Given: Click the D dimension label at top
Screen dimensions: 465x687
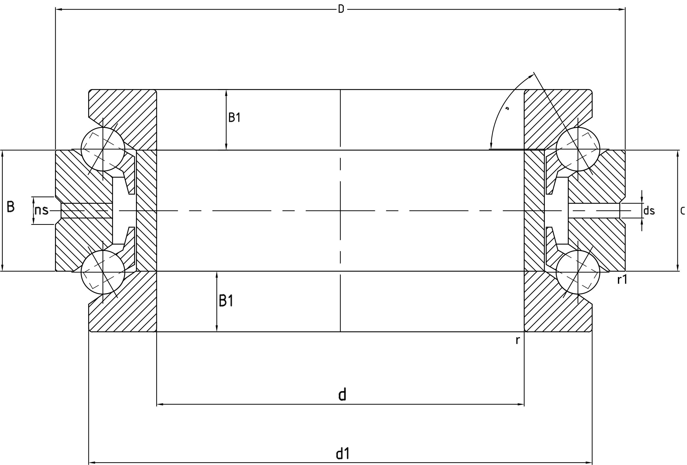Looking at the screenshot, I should [341, 9].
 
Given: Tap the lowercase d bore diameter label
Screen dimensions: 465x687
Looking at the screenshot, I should [342, 395].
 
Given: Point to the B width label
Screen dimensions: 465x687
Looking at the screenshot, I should [11, 207].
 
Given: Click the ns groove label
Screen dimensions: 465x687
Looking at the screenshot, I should [41, 210].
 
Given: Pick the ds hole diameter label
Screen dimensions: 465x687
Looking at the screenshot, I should [649, 211].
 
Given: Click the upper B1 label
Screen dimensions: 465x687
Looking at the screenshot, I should [235, 118].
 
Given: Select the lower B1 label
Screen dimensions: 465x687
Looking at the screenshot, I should [226, 301].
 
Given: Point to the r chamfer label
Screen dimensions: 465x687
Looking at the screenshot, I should [517, 340].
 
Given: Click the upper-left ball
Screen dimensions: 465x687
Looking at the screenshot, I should [103, 149].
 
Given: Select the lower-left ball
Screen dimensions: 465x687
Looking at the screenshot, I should [103, 272].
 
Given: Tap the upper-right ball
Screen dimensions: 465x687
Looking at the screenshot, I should [578, 149].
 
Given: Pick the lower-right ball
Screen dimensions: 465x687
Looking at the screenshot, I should [578, 272].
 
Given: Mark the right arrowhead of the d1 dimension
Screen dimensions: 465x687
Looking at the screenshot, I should [589, 463].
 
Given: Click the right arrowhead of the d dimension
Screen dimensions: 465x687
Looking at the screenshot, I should [521, 404].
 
